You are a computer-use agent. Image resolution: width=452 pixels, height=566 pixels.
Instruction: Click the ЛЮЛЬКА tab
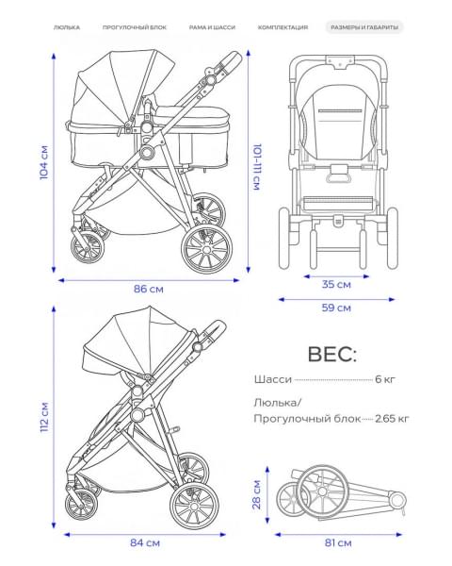point(67,27)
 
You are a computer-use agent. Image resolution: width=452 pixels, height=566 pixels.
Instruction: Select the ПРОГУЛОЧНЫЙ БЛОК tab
point(135,27)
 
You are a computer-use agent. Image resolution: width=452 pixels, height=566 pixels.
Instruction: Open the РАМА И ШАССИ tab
point(212,27)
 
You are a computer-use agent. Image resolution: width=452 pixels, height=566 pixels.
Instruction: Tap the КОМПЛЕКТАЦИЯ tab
point(282,27)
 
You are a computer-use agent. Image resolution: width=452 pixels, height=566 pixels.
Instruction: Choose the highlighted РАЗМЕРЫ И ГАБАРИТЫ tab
point(364,27)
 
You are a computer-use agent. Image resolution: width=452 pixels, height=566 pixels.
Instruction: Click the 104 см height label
point(44,162)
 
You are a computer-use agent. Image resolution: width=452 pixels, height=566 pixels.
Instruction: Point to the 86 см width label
point(149,290)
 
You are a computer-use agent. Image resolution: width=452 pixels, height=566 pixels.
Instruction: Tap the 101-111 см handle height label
point(257,167)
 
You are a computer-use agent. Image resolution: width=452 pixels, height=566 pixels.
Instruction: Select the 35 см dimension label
point(336,285)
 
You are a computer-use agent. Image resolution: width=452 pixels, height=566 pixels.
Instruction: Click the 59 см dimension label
point(336,308)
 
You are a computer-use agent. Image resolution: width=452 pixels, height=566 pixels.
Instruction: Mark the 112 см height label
point(44,417)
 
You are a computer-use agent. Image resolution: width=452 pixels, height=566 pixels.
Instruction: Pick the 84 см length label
point(144,542)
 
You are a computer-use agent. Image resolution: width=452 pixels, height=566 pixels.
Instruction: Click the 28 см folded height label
point(257,494)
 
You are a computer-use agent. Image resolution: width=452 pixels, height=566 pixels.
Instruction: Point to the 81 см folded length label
point(338,542)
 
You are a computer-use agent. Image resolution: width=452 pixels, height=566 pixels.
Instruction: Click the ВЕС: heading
point(332,354)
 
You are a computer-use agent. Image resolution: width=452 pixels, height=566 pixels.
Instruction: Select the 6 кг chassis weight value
point(385,379)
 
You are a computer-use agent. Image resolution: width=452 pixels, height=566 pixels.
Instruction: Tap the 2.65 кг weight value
point(392,419)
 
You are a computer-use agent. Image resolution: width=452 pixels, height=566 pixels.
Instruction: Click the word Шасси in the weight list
point(273,379)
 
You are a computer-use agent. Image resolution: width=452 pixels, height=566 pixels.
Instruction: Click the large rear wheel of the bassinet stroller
point(206,250)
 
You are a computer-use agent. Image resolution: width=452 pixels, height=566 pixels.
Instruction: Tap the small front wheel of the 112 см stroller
point(81,505)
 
